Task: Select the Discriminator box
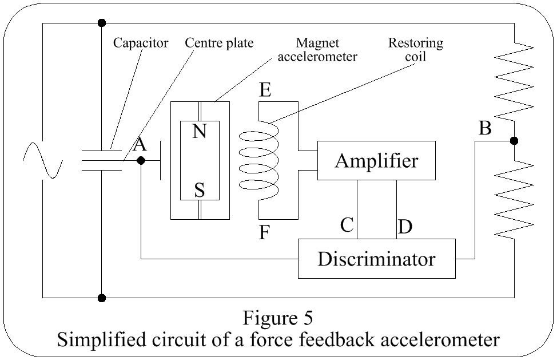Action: click(376, 259)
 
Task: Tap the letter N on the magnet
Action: click(199, 132)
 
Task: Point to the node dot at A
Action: click(141, 161)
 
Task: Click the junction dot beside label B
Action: click(514, 141)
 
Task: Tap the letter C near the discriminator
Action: click(347, 225)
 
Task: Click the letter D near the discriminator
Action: click(405, 227)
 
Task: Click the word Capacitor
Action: click(140, 43)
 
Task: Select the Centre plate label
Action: click(219, 43)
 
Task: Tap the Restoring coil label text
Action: click(416, 50)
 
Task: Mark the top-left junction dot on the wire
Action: click(101, 23)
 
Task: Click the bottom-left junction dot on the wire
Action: click(101, 298)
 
